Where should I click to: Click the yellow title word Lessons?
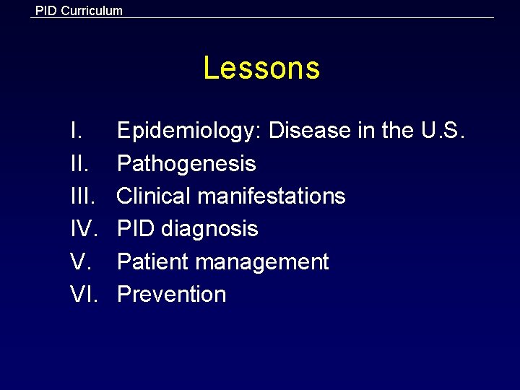[261, 69]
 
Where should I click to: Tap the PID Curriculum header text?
[79, 11]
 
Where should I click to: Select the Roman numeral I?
[76, 131]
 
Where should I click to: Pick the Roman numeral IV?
[84, 229]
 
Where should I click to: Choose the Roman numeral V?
[80, 261]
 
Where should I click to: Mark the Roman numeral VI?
[84, 294]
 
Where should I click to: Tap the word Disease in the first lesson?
[310, 131]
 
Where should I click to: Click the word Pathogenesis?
[186, 164]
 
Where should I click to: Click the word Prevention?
[172, 294]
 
